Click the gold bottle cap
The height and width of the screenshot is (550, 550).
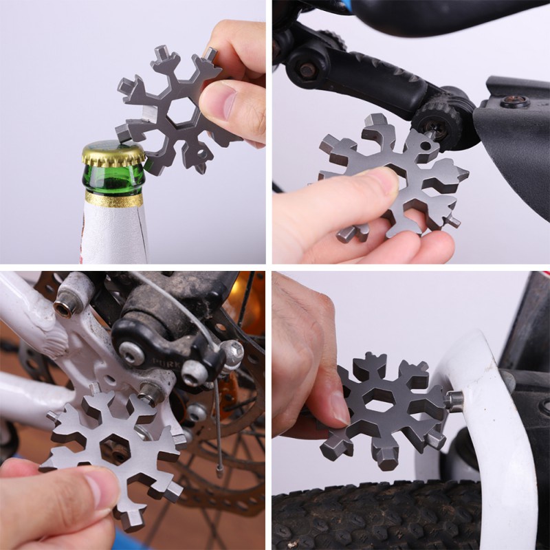113,153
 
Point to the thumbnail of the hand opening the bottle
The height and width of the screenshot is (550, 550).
219,103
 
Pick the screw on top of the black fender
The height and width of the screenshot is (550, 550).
514,102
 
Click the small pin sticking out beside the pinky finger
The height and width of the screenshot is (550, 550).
452,221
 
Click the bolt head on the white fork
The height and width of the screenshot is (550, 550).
453,401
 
